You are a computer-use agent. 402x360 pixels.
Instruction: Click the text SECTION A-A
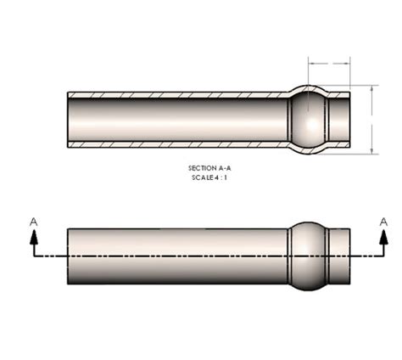click(x=209, y=168)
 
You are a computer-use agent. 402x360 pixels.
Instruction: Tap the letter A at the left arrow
click(x=33, y=221)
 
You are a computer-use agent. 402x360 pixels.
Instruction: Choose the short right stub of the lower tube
click(x=339, y=255)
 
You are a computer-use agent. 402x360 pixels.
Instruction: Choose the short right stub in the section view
click(x=339, y=120)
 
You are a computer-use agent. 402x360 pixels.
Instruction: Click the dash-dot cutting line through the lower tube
click(x=187, y=256)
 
